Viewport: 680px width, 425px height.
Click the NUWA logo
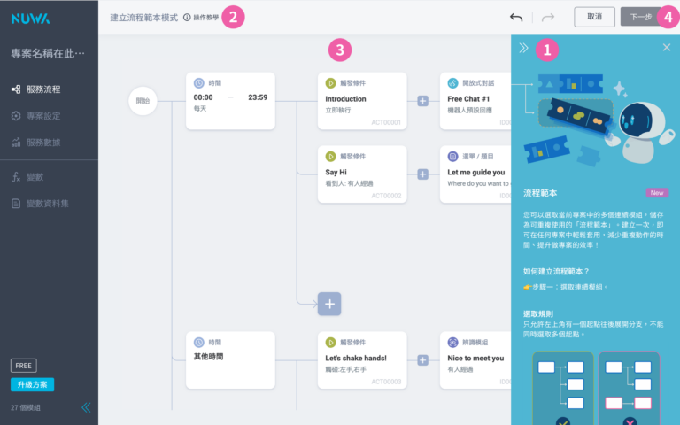30,17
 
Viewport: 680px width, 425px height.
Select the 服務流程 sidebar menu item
43,89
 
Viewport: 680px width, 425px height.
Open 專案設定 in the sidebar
43,116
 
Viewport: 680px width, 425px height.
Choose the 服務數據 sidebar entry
43,143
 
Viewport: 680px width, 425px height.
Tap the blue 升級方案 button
33,384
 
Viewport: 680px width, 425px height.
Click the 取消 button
594,17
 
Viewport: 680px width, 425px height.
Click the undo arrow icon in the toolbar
516,17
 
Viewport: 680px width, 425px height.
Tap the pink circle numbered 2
232,17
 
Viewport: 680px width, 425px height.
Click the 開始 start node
143,102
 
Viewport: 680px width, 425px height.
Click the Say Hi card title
336,172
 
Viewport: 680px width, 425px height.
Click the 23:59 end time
258,97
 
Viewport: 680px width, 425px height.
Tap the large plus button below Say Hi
330,304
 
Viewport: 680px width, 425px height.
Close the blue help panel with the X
667,48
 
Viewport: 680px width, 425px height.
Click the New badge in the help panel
657,192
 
